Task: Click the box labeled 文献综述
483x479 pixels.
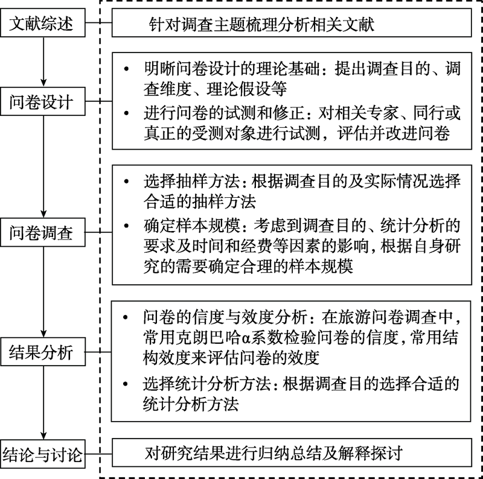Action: [42, 24]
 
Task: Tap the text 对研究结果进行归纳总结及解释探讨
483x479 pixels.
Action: [273, 452]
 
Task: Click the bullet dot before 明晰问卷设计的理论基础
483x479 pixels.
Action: [126, 70]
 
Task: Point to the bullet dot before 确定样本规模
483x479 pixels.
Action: [126, 227]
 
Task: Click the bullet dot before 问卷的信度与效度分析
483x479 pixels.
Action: [126, 317]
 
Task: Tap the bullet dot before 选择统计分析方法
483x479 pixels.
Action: [126, 384]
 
